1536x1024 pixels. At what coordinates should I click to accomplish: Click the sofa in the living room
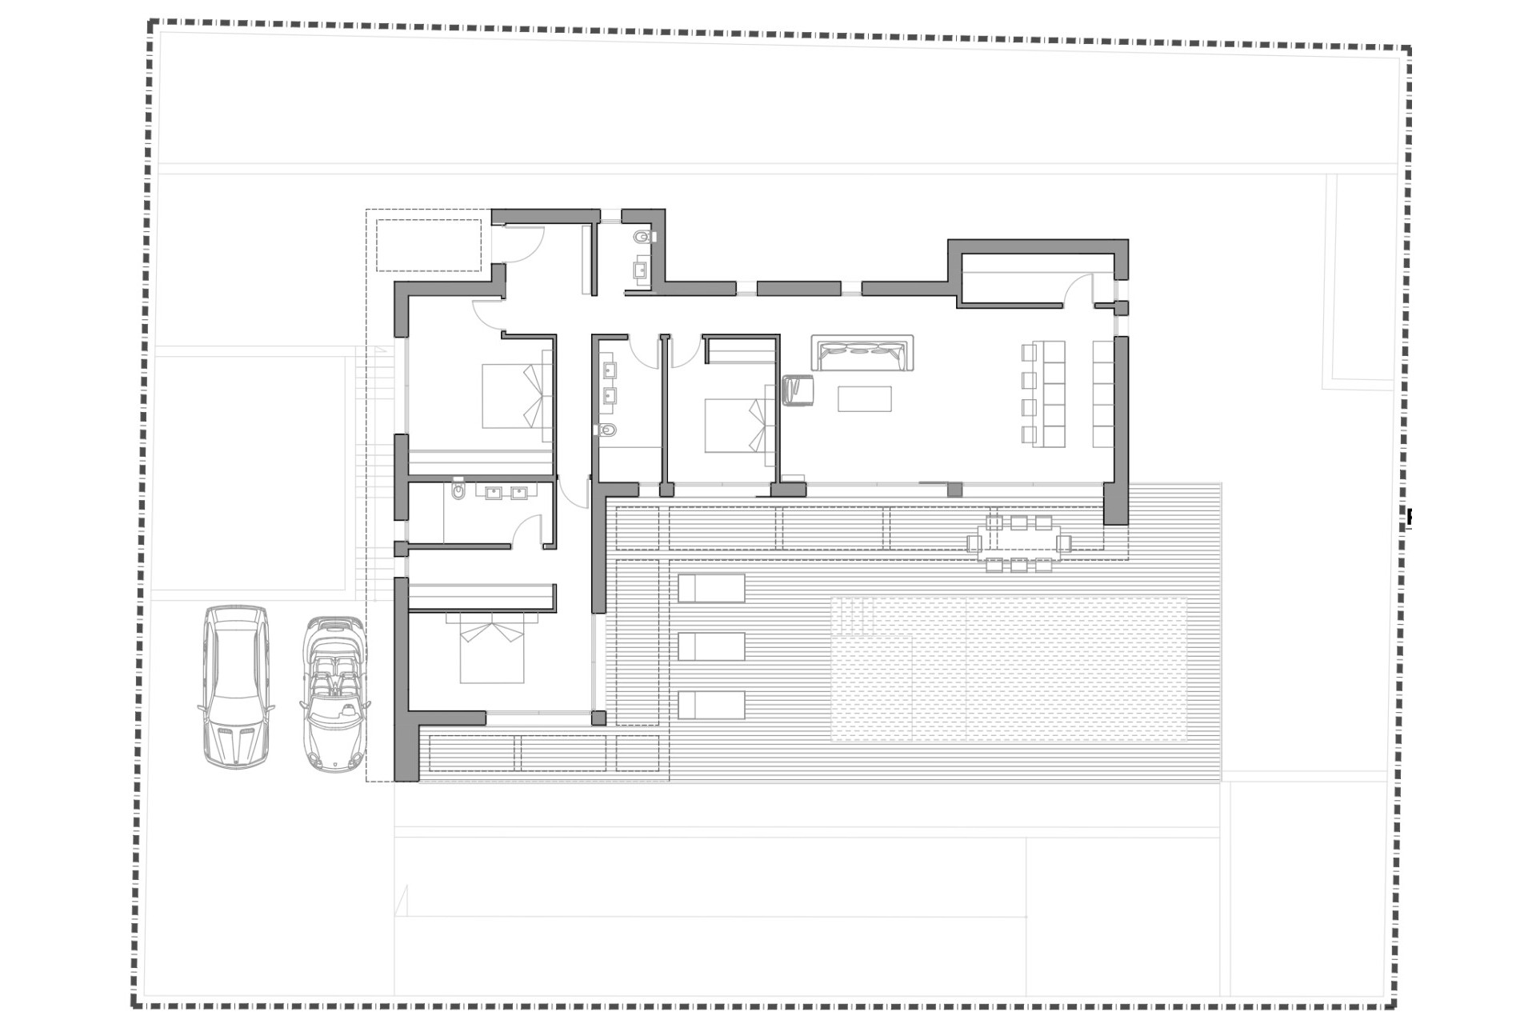pyautogui.click(x=862, y=353)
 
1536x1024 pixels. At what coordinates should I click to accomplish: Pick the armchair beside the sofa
pyautogui.click(x=797, y=390)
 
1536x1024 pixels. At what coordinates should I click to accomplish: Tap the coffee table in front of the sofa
pyautogui.click(x=864, y=398)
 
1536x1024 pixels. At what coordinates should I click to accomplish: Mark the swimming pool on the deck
pyautogui.click(x=1008, y=669)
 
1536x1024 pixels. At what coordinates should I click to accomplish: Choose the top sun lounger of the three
pyautogui.click(x=711, y=588)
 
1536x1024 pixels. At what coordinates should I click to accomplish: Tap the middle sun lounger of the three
pyautogui.click(x=711, y=646)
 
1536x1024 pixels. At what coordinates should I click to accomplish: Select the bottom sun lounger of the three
pyautogui.click(x=711, y=705)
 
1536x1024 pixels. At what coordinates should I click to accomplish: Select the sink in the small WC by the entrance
pyautogui.click(x=642, y=270)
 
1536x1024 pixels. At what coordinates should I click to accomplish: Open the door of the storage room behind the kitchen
pyautogui.click(x=1080, y=290)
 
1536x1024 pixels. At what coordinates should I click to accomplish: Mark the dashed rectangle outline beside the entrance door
pyautogui.click(x=429, y=246)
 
